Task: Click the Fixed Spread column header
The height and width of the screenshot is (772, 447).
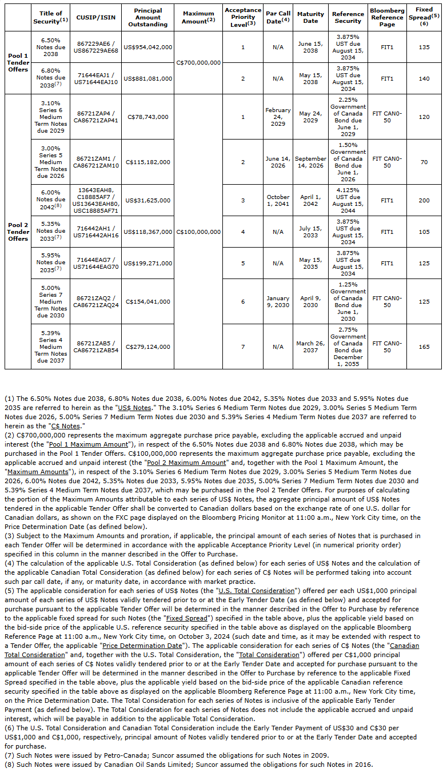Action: coord(424,17)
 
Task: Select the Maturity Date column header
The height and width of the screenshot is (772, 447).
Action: coord(310,17)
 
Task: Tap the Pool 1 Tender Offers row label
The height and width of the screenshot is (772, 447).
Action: coord(18,63)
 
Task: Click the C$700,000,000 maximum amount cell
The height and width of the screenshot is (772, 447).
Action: coord(198,63)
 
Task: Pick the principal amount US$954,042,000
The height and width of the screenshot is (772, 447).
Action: coord(147,47)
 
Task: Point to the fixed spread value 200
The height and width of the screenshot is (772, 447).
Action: coord(424,201)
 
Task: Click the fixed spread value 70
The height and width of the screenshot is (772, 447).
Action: coord(424,162)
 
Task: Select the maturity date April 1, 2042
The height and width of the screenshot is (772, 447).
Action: coord(310,201)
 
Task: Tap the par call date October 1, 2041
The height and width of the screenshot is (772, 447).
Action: coord(278,201)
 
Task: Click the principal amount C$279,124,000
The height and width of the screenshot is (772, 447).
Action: coord(147,347)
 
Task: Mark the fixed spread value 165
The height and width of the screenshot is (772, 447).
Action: coord(424,347)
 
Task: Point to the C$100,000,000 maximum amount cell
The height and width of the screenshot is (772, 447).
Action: coord(198,232)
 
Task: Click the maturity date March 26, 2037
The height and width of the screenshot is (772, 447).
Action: coord(310,347)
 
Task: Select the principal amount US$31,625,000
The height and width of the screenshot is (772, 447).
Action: coord(147,201)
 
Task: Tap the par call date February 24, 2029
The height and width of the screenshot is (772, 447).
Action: coord(278,117)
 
